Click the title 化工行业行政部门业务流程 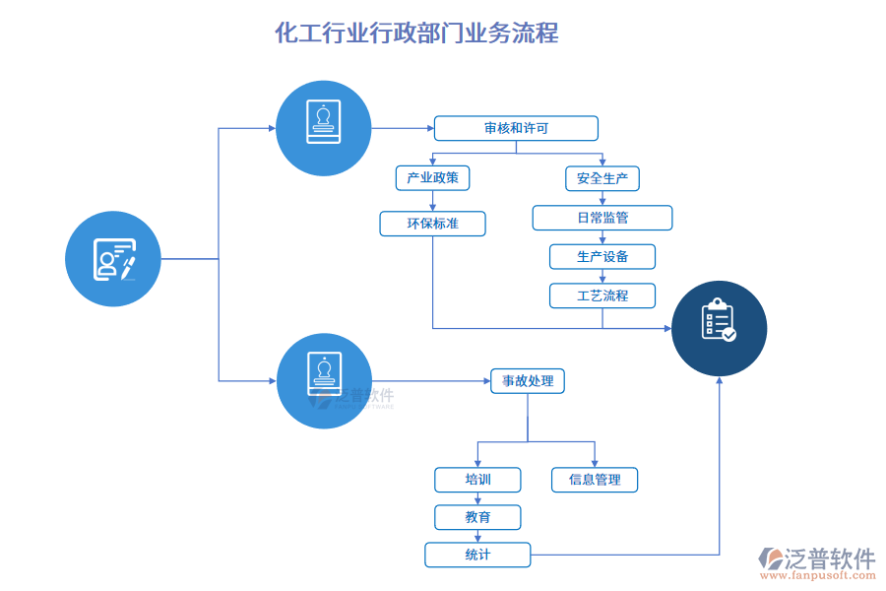click(416, 33)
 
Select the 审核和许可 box click(516, 128)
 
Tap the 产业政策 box click(432, 178)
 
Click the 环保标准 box click(432, 224)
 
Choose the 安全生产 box click(602, 178)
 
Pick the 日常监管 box click(602, 218)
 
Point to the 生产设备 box click(602, 257)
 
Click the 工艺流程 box click(602, 295)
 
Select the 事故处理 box click(528, 381)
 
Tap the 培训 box click(477, 480)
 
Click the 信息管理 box click(595, 480)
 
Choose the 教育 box click(477, 517)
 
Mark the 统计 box click(477, 555)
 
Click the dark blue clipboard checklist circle click(719, 328)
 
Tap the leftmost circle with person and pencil click(113, 259)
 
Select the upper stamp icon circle click(323, 128)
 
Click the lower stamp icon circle click(323, 380)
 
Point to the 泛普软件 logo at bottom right click(817, 558)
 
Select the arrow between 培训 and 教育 click(477, 498)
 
